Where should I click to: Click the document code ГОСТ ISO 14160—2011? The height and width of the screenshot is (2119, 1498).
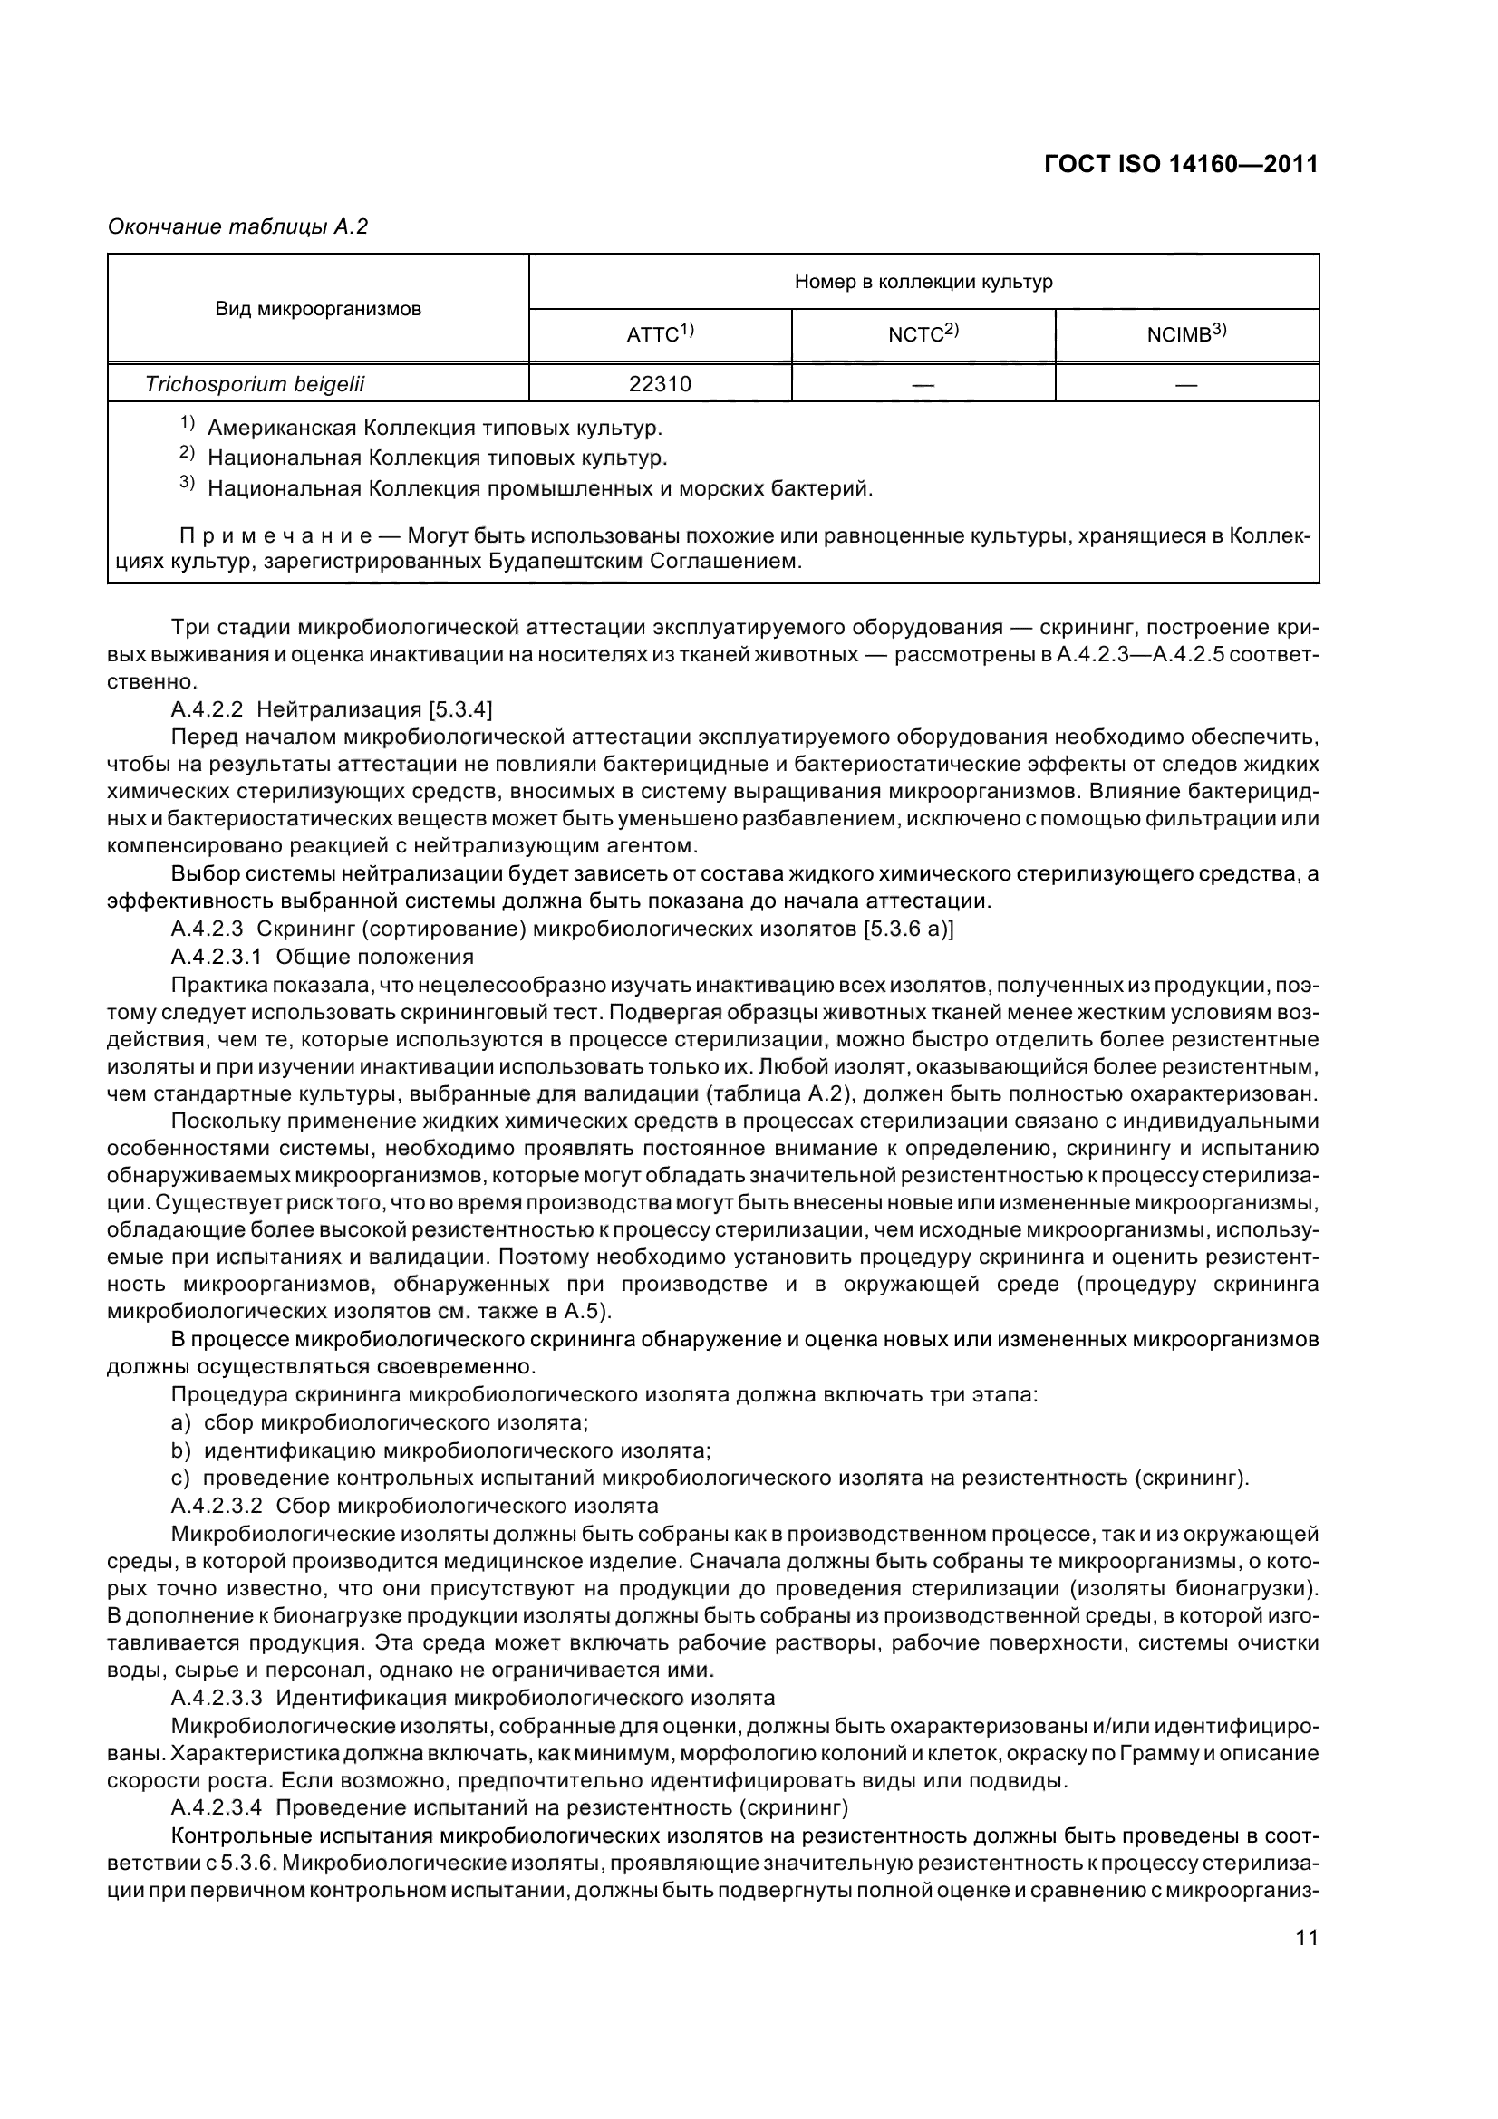pos(1181,164)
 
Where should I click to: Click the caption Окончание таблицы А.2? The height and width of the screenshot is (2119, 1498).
pos(238,226)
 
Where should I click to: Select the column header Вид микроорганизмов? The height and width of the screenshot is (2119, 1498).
pos(318,309)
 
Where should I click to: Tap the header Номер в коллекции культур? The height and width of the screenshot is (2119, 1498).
pos(923,282)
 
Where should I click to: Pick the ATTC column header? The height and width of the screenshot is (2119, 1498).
pos(659,334)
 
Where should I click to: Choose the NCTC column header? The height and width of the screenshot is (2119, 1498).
pos(923,334)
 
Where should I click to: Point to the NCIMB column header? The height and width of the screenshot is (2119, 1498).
pos(1186,334)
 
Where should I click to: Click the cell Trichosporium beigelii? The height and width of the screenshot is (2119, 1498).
pos(255,384)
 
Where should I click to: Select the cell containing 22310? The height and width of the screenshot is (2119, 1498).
pos(659,384)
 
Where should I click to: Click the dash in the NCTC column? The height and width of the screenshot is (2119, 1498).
pos(923,385)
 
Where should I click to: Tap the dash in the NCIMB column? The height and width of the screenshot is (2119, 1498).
pos(1186,385)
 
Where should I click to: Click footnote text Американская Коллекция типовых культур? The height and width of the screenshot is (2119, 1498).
pos(435,429)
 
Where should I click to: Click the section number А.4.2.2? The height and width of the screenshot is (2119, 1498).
pos(208,708)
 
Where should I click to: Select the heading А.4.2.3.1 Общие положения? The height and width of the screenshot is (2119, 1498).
pos(322,956)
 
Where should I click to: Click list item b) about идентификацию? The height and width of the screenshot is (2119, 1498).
pos(441,1450)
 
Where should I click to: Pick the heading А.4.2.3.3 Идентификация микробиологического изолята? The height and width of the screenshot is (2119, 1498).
pos(472,1697)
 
